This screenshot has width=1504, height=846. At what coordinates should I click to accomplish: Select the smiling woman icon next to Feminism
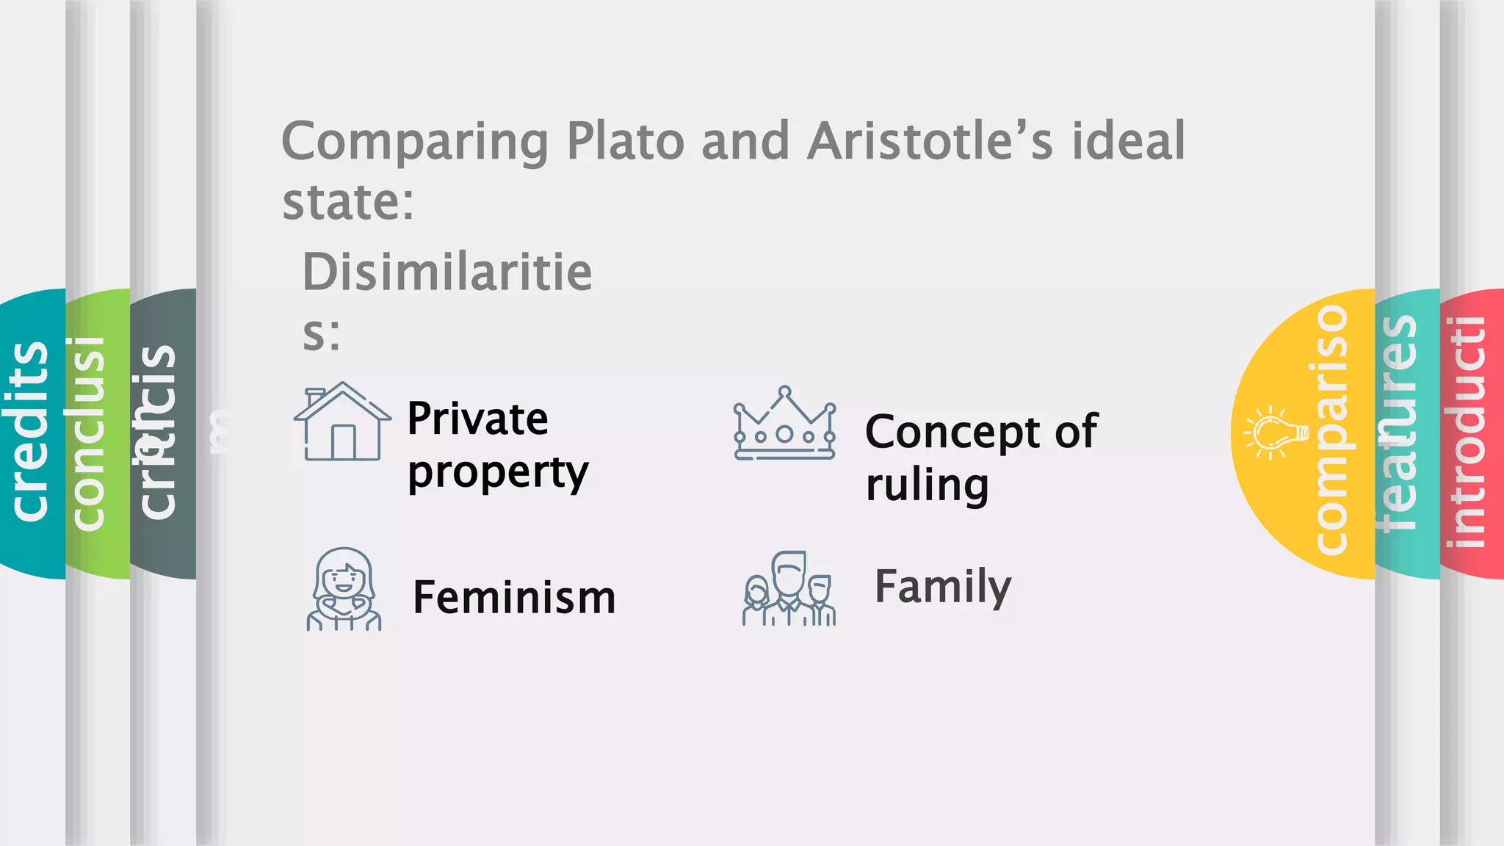point(343,589)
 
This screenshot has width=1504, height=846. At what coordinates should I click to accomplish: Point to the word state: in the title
point(348,201)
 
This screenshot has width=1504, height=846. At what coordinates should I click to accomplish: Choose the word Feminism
point(514,597)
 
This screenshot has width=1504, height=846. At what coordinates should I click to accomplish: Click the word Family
point(943,587)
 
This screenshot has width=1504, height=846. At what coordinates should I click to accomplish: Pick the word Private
point(477,419)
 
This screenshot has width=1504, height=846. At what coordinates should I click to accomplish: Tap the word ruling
point(927,485)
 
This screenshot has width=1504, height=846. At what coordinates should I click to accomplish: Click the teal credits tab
point(31,433)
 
